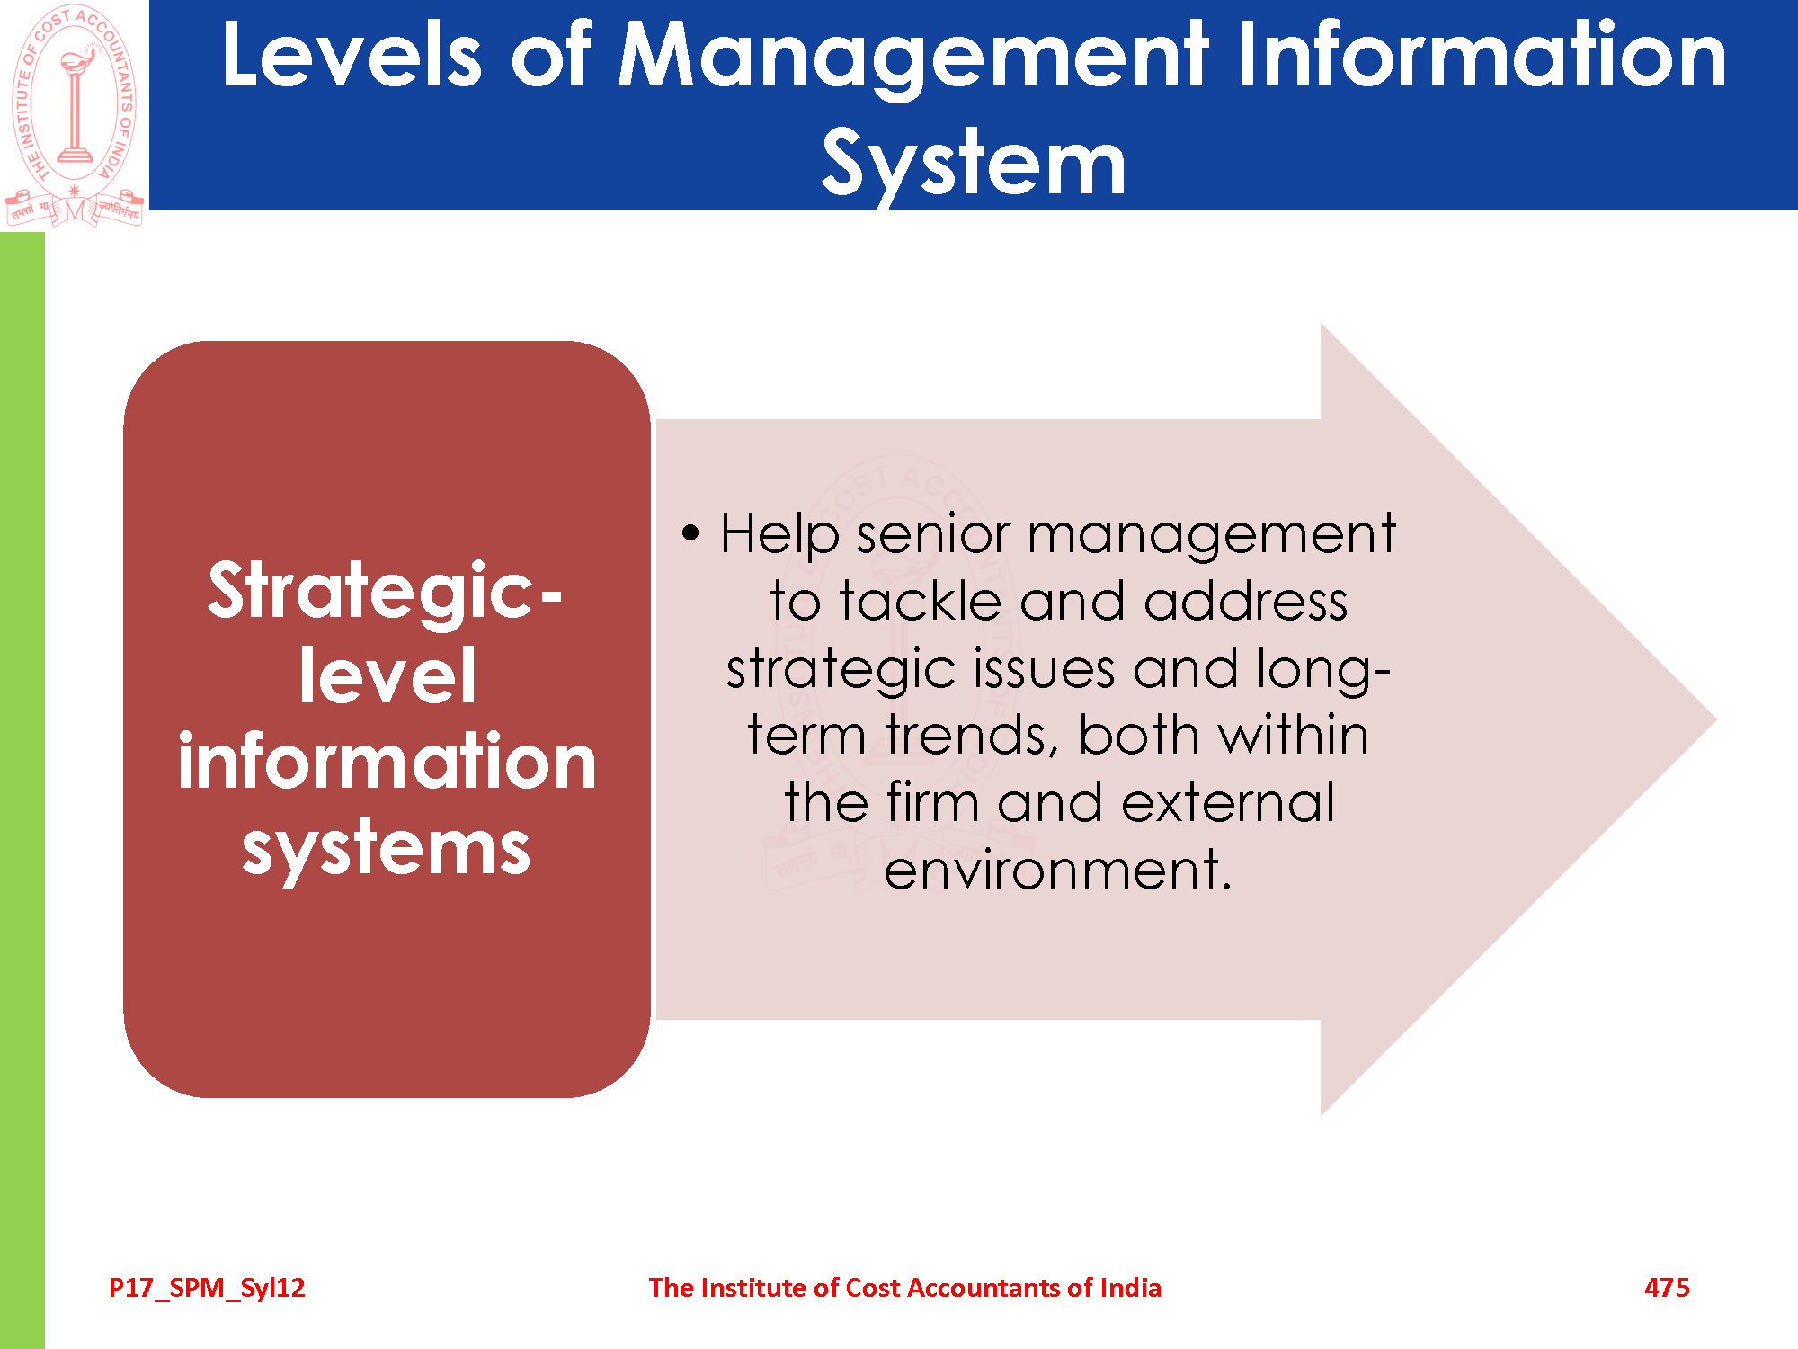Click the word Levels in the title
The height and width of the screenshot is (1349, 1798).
click(352, 55)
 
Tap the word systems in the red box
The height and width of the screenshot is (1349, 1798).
click(387, 847)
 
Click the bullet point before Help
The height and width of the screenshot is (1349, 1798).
click(690, 532)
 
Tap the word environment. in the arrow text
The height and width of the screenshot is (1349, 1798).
click(1057, 870)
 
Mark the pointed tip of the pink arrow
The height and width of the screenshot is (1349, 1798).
click(1715, 719)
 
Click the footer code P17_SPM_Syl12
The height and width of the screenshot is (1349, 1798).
click(207, 1289)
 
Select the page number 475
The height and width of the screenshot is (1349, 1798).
click(1667, 1288)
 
